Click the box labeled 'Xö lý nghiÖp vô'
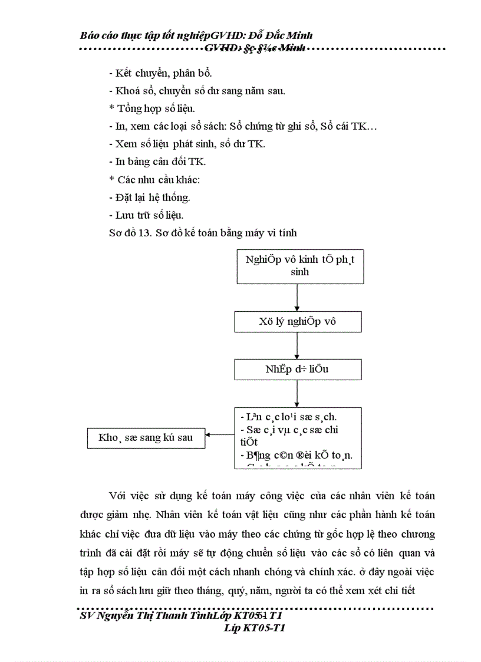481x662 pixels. (298, 322)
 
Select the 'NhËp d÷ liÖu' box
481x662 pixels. (298, 369)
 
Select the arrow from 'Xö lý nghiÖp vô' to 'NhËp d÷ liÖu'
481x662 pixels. (298, 345)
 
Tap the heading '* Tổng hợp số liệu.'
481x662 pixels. (152, 108)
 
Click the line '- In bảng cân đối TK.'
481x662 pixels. (157, 161)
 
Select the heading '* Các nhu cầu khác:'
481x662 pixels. (155, 179)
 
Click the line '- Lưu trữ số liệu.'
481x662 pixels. (150, 215)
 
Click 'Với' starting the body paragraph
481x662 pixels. (117, 495)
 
